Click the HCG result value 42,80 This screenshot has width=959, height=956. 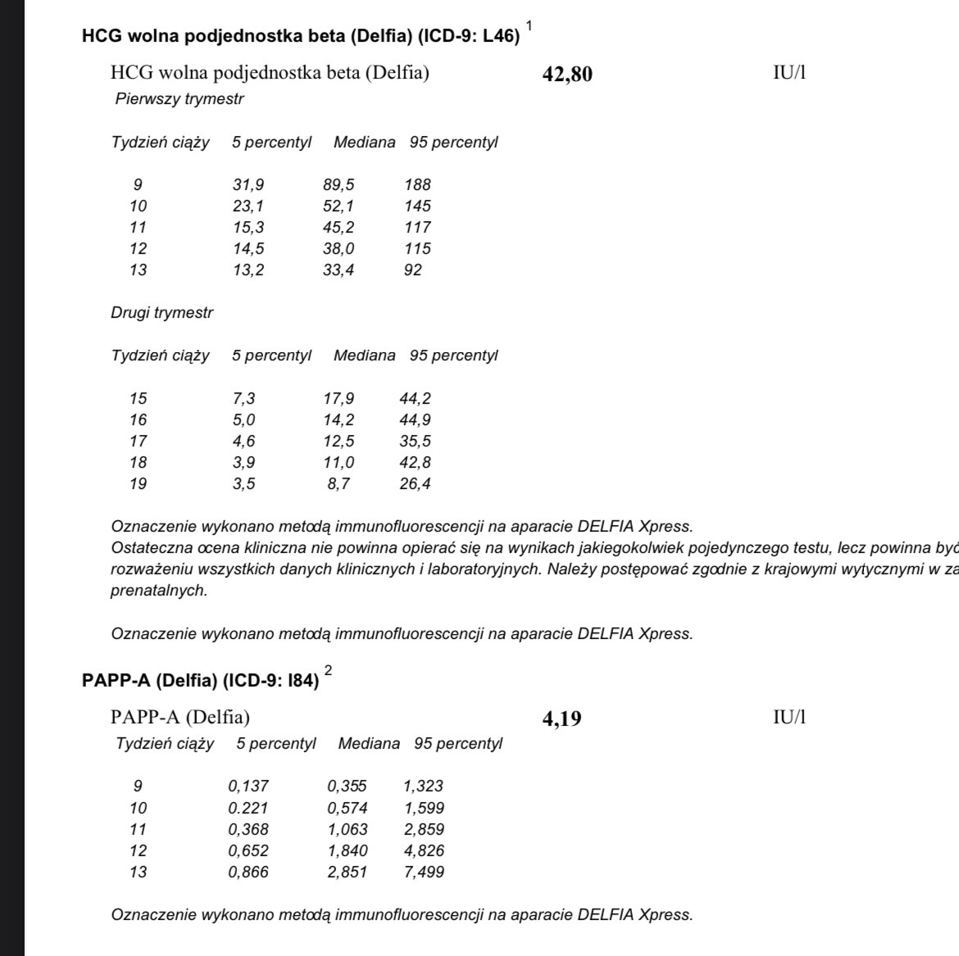click(567, 75)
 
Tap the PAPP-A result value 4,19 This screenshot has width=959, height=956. click(561, 719)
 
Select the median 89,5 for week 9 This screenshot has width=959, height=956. click(339, 185)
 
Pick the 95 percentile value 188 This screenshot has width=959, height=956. click(417, 185)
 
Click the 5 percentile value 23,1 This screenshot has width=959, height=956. click(248, 206)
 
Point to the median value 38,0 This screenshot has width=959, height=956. click(339, 249)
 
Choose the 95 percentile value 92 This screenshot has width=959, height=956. click(413, 270)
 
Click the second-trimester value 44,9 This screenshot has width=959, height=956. click(416, 420)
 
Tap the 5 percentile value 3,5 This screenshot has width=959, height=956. click(243, 484)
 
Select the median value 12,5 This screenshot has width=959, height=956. click(339, 442)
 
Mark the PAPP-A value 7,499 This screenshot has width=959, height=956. click(424, 872)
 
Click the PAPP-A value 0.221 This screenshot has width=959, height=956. click(248, 808)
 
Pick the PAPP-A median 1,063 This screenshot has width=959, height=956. click(348, 829)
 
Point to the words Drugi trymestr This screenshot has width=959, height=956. click(161, 313)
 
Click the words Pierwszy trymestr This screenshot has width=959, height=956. click(180, 99)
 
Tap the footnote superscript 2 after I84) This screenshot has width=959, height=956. click(329, 671)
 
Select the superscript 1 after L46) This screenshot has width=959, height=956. click(529, 27)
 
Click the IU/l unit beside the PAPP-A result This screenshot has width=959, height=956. click(789, 718)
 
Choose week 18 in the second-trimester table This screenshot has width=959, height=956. click(139, 463)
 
